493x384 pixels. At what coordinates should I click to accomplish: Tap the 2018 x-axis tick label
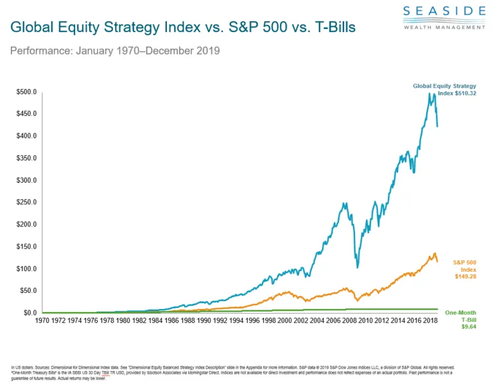click(429, 319)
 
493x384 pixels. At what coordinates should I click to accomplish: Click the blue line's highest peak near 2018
click(429, 94)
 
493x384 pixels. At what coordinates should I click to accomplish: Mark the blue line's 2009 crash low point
click(358, 267)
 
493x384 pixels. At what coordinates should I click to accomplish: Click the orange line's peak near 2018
click(435, 253)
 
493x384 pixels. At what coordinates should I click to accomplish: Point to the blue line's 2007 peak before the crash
click(345, 204)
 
